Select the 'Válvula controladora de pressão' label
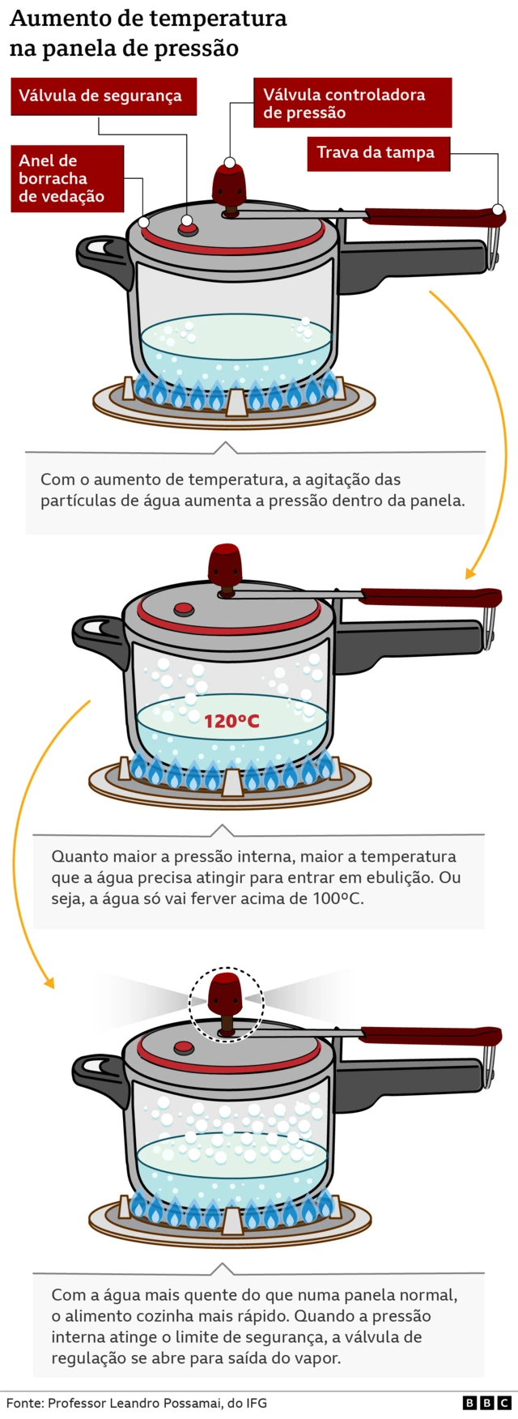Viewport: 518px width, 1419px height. (x=351, y=104)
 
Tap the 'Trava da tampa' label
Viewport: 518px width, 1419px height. (x=377, y=153)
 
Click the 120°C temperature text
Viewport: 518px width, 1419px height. (x=231, y=721)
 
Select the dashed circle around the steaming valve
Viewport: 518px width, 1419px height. (x=227, y=1002)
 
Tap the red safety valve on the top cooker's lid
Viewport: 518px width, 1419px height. (x=188, y=229)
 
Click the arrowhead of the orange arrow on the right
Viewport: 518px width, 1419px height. (x=470, y=573)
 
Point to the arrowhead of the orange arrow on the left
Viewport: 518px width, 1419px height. (x=49, y=982)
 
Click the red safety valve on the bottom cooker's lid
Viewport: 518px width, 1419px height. (x=184, y=1048)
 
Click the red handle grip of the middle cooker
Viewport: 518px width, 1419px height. (x=429, y=598)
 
